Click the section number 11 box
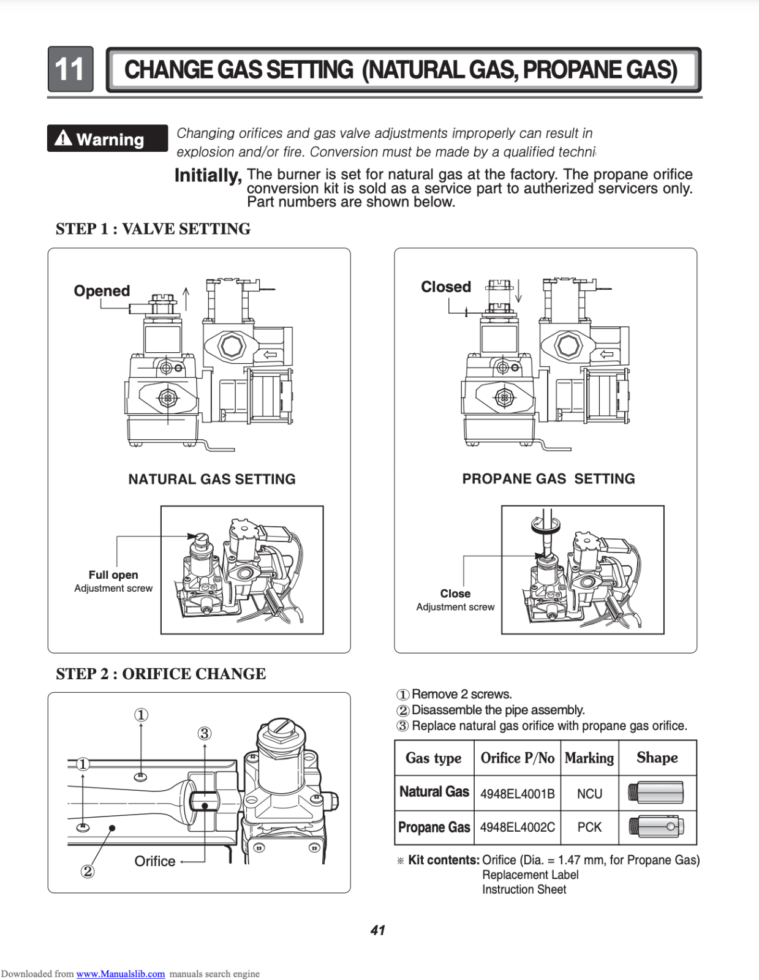(70, 69)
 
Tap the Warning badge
(107, 138)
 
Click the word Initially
(208, 176)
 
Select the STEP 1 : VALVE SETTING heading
(153, 229)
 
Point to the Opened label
(102, 291)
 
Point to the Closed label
(446, 287)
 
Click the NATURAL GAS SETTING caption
(212, 479)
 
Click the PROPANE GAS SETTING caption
(548, 479)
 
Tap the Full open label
(113, 575)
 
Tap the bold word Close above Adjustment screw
(455, 594)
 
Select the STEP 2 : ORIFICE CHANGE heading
(161, 674)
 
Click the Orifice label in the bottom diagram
(155, 861)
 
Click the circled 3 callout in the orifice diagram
(205, 733)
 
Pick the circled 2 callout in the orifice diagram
(88, 871)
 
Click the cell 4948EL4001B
(518, 794)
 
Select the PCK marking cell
(589, 827)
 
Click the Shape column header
(657, 758)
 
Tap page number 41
(378, 930)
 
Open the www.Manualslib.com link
(121, 974)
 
